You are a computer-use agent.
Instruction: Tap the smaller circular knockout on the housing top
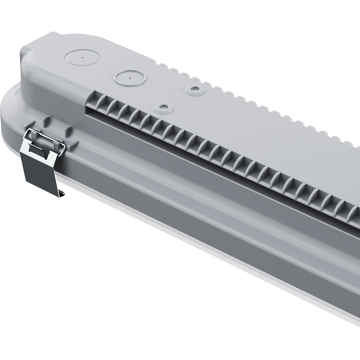click(x=130, y=77)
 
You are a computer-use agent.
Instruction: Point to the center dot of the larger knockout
click(x=82, y=57)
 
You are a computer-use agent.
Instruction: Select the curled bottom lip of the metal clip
click(x=62, y=194)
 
